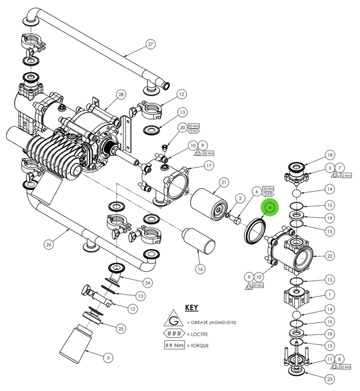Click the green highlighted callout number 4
point(271,208)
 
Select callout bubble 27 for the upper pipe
point(150,44)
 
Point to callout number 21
point(223,182)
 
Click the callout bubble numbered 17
point(209,165)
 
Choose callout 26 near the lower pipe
point(49,244)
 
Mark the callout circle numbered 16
point(200,269)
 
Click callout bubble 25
point(121,328)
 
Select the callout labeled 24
point(148,282)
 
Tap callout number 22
point(330,256)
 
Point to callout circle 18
point(330,155)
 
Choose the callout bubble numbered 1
point(330,294)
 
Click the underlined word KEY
point(191,308)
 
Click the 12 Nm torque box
point(345,176)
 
